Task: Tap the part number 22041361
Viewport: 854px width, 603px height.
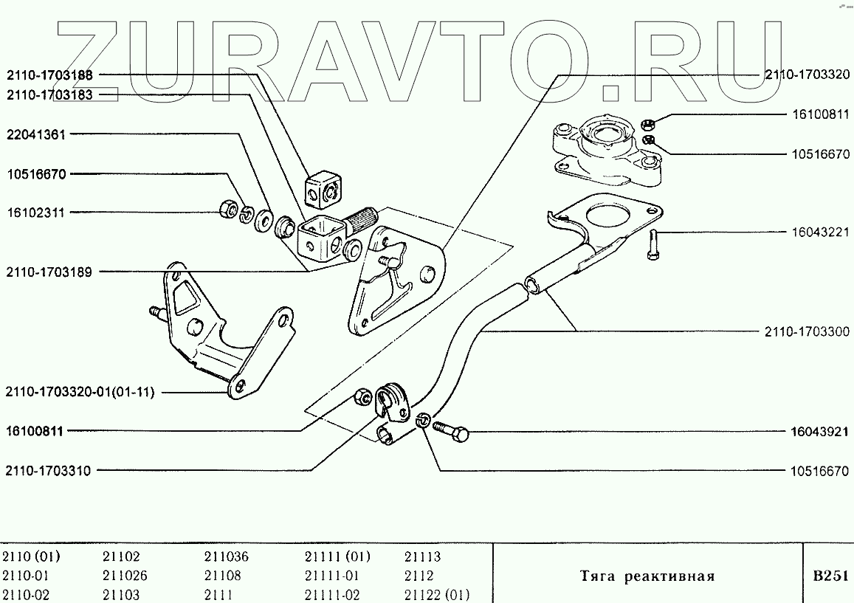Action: click(36, 135)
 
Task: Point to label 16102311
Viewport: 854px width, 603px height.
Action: click(36, 213)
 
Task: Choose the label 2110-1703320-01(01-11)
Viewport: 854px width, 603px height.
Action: click(80, 392)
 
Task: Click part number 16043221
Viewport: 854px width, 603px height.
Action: click(819, 232)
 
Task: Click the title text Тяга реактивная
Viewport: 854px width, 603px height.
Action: click(647, 576)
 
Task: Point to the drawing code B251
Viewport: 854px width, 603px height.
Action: click(830, 576)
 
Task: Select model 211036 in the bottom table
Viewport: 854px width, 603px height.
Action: click(226, 557)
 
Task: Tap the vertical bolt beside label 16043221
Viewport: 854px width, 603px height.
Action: click(655, 244)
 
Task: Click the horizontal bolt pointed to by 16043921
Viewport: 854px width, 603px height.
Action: click(451, 431)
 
